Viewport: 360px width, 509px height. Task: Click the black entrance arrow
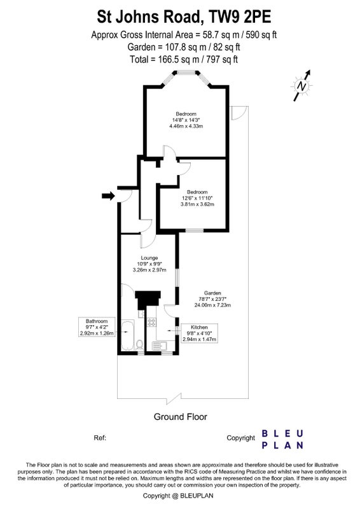coord(108,196)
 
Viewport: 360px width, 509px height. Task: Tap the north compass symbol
coord(302,86)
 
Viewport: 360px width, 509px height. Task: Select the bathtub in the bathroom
coord(128,336)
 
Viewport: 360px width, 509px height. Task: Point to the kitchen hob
coord(151,322)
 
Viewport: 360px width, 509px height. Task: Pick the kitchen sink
coord(160,346)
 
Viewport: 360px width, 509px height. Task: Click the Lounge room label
coord(149,258)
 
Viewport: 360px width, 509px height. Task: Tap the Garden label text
coord(212,293)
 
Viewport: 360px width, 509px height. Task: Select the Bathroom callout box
coord(97,327)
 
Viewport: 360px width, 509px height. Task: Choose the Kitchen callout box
coord(199,333)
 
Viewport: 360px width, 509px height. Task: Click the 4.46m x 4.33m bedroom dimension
coord(186,126)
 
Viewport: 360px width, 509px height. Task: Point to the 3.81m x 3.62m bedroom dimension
coord(197,204)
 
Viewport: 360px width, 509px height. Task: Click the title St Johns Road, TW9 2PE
coord(184,17)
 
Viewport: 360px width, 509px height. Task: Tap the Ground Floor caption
coord(180,417)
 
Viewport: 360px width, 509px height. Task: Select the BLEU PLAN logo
coord(282,439)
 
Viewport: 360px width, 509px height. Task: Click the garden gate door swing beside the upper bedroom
coord(238,113)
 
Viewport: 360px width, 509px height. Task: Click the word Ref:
coord(100,438)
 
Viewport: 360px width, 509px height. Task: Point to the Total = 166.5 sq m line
coord(184,59)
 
